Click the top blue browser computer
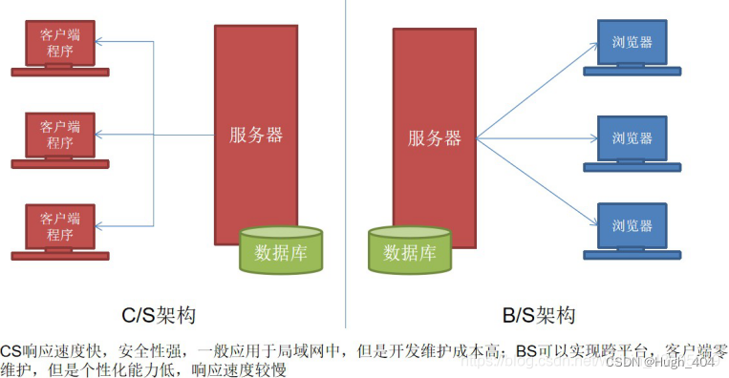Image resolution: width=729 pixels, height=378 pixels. click(x=633, y=43)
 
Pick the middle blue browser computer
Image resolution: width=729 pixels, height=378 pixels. click(x=633, y=138)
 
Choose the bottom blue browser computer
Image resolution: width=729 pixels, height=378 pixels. click(x=633, y=226)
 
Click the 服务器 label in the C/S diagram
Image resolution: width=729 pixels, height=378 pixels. click(x=256, y=135)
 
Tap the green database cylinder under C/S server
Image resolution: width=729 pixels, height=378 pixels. click(x=281, y=250)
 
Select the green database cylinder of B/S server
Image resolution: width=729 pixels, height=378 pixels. click(x=409, y=250)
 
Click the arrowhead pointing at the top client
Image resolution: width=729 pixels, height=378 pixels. click(x=102, y=41)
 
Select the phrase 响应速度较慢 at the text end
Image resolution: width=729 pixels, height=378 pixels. click(x=239, y=368)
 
